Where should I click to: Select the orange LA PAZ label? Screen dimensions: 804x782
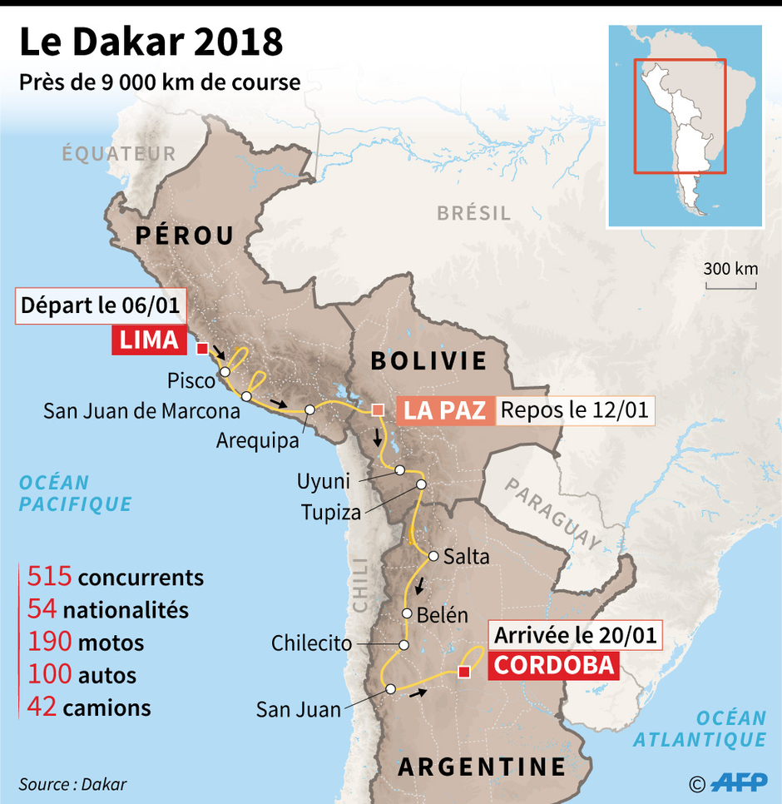445,409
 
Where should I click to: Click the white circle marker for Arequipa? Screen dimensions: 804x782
309,409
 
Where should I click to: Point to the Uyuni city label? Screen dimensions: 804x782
324,481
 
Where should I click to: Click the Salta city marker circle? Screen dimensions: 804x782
433,555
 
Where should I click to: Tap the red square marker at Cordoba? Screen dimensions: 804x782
464,672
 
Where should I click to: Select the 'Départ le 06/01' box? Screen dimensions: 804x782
100,305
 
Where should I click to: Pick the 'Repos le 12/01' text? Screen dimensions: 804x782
575,409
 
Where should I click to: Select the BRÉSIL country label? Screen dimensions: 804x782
473,213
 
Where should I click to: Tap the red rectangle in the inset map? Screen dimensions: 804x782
679,116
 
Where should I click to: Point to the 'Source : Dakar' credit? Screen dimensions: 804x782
72,784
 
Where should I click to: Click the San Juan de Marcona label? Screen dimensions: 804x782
141,410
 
